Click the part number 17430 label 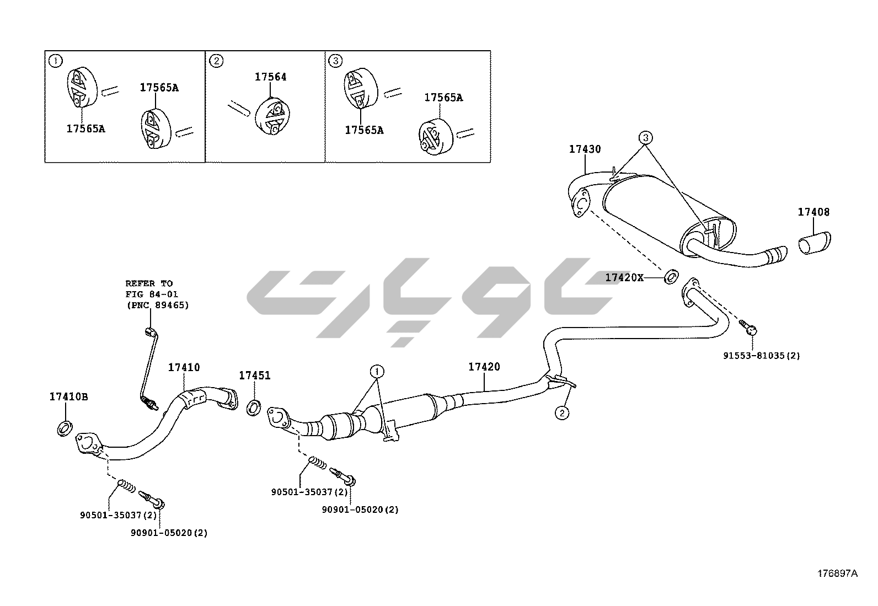[585, 149]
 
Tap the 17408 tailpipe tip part [815, 243]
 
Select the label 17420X [624, 277]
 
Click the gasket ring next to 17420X [670, 276]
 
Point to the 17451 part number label [254, 376]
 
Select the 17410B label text [68, 396]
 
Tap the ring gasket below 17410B [65, 427]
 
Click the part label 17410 [184, 367]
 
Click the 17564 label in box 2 [270, 77]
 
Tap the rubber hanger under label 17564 [271, 116]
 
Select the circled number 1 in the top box [55, 61]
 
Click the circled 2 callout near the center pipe [561, 412]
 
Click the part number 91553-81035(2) [761, 356]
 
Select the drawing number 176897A [837, 573]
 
